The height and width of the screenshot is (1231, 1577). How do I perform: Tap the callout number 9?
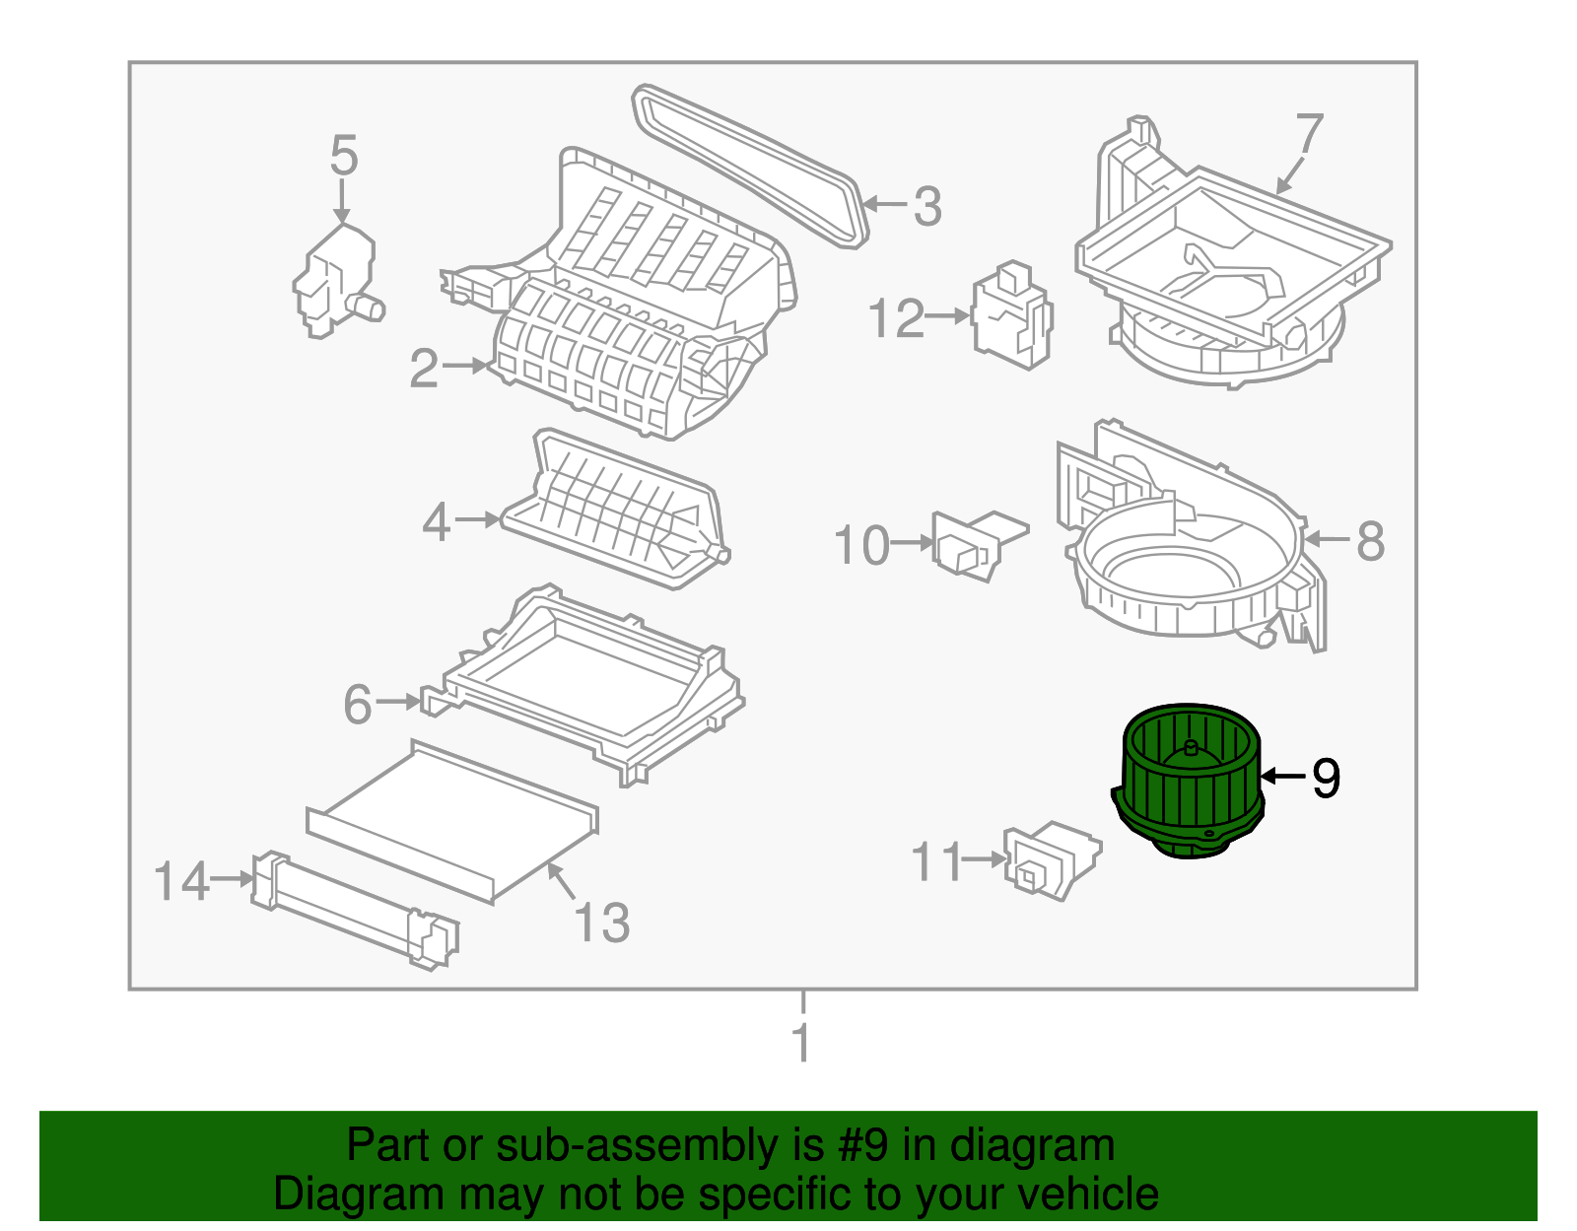pos(1326,779)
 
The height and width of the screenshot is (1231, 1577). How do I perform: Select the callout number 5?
pos(343,156)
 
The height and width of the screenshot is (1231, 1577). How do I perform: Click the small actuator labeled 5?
pos(335,281)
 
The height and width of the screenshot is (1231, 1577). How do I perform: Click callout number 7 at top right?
pos(1309,134)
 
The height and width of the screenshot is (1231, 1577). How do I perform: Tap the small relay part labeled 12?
pos(1012,315)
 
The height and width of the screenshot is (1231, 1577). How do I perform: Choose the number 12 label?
pos(896,318)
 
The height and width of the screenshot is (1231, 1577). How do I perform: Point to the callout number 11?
pos(935,862)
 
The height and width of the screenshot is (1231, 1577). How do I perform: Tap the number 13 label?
pos(601,923)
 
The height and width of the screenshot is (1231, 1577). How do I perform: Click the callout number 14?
pos(182,880)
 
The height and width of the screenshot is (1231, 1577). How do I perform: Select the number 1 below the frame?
pos(802,1043)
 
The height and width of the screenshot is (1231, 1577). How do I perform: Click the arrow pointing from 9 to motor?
pos(1283,777)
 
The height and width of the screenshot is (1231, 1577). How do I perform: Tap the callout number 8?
pos(1370,541)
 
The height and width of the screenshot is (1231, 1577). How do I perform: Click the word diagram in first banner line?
pos(1032,1145)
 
